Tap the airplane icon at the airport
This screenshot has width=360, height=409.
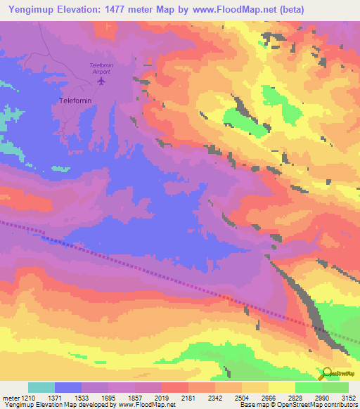tap(101, 81)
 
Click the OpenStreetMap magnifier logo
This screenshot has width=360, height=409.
tap(328, 373)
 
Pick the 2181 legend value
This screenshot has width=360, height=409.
tap(188, 397)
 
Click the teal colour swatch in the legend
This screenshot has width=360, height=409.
tap(41, 387)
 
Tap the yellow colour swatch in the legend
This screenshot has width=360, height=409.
tap(282, 387)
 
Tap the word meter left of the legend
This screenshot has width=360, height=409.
tap(10, 397)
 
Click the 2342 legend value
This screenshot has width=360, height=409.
tap(214, 397)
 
